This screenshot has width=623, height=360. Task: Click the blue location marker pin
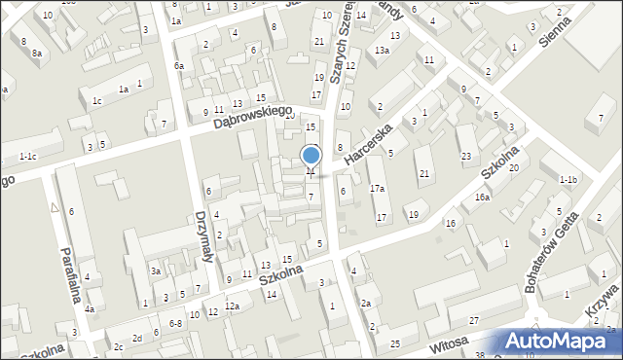coord(311,157)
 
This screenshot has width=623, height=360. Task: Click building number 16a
coord(482,198)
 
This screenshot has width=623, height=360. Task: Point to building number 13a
coord(383,51)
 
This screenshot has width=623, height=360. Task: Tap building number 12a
coord(232,306)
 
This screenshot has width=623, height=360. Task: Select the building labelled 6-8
coord(175,323)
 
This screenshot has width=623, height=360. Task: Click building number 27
coord(474,321)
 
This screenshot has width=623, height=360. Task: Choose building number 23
coord(466,157)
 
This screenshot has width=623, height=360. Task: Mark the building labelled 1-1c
coord(28,157)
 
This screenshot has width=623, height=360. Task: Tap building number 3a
coord(155,270)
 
